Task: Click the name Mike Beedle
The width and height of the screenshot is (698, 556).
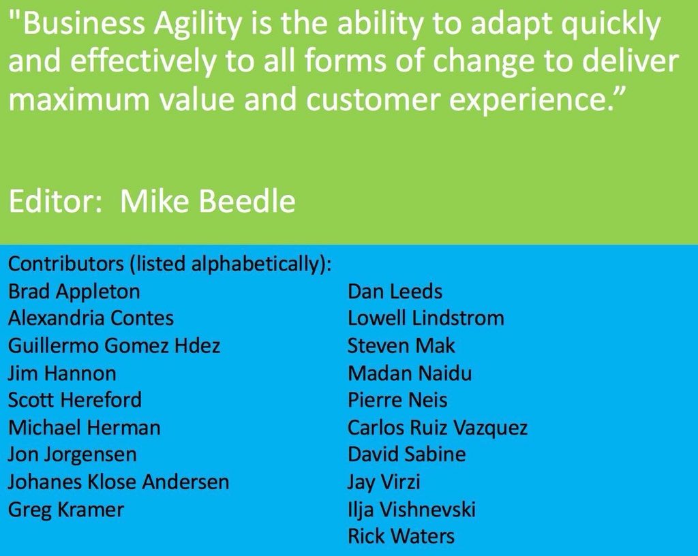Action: click(208, 202)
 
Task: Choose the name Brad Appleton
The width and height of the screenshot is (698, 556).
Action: click(74, 291)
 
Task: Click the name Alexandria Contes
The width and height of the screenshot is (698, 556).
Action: click(91, 318)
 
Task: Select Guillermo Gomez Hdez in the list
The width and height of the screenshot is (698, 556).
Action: click(114, 345)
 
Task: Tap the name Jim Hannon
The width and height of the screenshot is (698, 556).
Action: click(62, 373)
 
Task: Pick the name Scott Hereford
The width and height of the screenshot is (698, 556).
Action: click(75, 400)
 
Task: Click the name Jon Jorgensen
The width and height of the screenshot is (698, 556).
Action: click(72, 454)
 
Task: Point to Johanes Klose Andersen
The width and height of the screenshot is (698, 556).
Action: click(119, 482)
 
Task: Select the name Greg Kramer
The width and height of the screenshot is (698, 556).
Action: click(66, 509)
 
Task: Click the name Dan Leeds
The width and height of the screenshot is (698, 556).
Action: click(395, 291)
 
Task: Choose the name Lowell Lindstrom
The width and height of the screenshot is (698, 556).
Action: click(425, 318)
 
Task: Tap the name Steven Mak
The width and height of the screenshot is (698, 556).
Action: click(401, 345)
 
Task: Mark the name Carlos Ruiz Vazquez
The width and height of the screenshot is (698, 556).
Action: click(437, 427)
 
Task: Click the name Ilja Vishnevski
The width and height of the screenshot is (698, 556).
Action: click(411, 509)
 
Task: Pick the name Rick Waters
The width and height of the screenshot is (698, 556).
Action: click(401, 536)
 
